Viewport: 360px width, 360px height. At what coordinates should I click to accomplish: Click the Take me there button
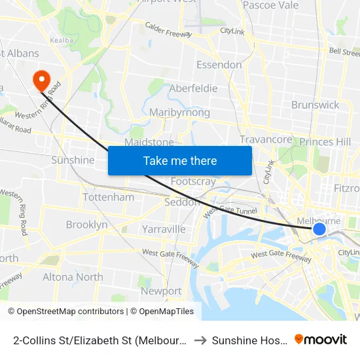(x=180, y=160)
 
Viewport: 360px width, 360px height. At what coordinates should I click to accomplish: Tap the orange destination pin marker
(x=42, y=80)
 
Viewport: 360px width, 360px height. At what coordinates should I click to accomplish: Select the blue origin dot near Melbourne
(x=319, y=228)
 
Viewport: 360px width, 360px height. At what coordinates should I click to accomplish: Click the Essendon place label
(x=219, y=65)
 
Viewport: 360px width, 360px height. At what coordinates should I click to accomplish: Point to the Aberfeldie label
(x=193, y=88)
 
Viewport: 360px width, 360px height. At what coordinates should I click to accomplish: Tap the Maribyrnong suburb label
(x=179, y=113)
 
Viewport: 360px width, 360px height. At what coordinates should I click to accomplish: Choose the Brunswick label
(x=315, y=105)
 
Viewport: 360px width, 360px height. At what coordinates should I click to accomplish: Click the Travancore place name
(x=266, y=139)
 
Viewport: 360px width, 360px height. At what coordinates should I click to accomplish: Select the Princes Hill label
(x=325, y=142)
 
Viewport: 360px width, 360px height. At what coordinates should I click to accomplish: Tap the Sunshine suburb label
(x=73, y=160)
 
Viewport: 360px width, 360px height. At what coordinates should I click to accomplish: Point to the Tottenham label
(x=109, y=197)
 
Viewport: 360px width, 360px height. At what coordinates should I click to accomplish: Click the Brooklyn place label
(x=86, y=225)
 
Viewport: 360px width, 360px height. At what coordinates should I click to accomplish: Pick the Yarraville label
(x=164, y=229)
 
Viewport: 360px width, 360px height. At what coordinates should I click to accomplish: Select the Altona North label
(x=73, y=277)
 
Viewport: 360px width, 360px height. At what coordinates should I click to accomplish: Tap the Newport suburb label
(x=161, y=291)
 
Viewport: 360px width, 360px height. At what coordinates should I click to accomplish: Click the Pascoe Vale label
(x=270, y=5)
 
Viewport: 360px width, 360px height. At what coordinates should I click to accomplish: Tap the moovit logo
(x=321, y=339)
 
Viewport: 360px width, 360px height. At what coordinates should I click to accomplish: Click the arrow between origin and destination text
(x=200, y=340)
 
